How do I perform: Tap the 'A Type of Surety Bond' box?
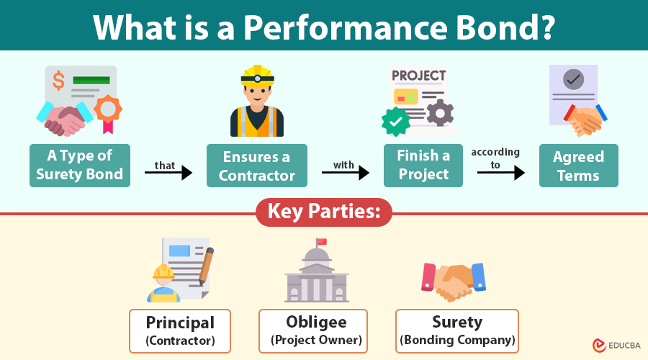80,165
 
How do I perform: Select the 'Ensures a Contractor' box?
257,165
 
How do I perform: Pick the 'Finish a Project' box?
423,165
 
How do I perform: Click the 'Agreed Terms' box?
578,165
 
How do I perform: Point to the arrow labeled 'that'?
172,173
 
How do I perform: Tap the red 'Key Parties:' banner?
324,212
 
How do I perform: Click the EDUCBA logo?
616,346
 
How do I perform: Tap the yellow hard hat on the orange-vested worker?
257,75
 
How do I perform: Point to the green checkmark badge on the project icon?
395,122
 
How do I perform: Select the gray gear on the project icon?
439,113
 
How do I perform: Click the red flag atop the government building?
321,241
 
